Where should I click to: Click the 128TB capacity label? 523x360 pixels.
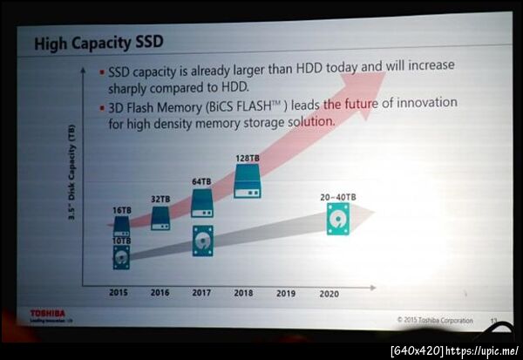(x=247, y=158)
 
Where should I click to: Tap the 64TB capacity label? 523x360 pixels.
(x=202, y=181)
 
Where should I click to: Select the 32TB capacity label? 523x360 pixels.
(x=160, y=198)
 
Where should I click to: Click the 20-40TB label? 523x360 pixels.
(x=337, y=197)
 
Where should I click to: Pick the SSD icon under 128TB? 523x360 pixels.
(x=247, y=180)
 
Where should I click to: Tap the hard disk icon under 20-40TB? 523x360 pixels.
(x=337, y=219)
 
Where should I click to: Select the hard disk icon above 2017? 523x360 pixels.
(x=202, y=241)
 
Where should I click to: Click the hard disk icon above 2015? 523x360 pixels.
(x=121, y=256)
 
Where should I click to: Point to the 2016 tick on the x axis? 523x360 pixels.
(x=160, y=293)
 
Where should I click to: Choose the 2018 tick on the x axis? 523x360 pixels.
(x=244, y=293)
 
